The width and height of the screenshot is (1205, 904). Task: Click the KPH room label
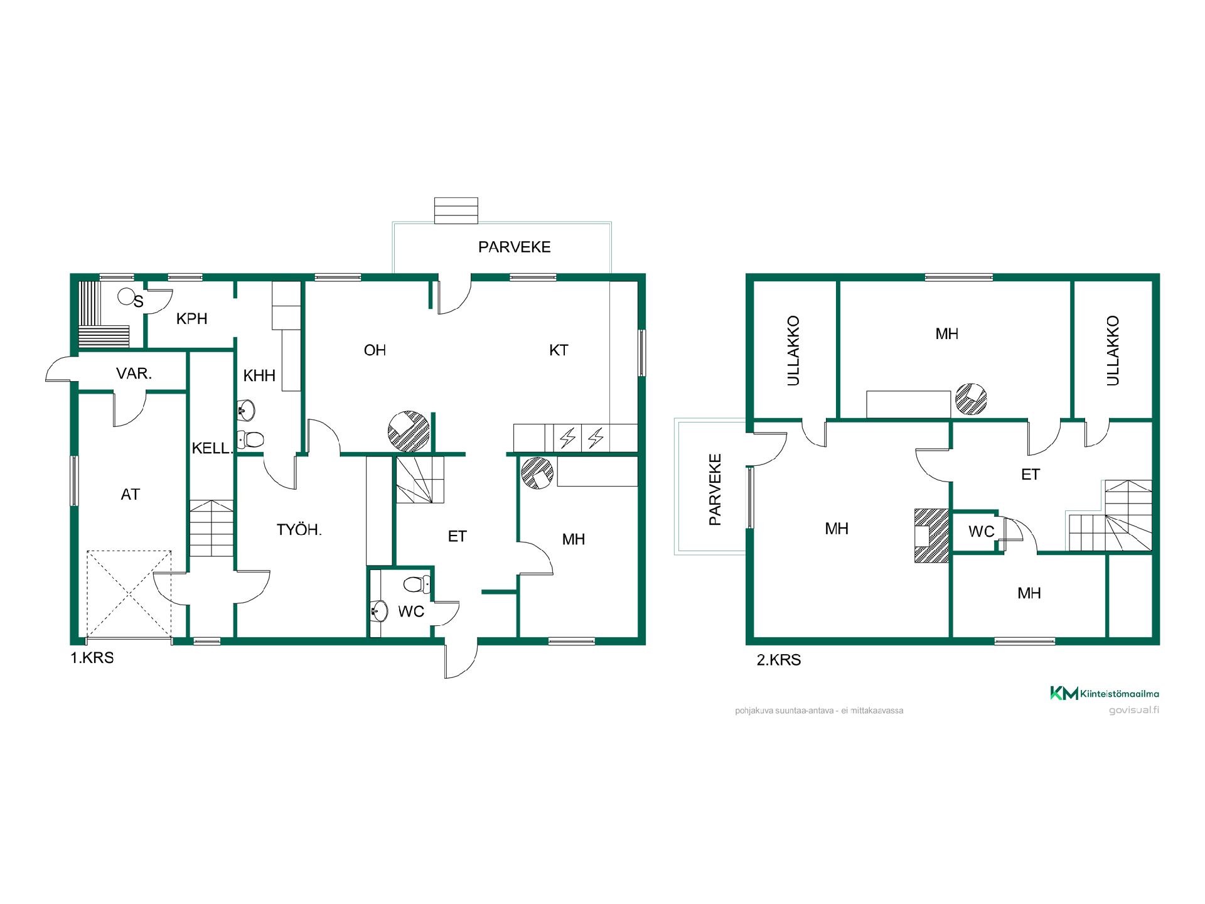tap(191, 319)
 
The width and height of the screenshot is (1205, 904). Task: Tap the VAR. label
tap(134, 374)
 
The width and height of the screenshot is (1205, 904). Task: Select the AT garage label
tap(130, 495)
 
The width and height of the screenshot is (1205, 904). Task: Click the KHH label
tap(259, 375)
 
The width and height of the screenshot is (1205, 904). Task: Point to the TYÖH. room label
tap(299, 530)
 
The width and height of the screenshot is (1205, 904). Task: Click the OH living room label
tap(375, 350)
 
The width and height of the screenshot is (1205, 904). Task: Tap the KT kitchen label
tap(559, 350)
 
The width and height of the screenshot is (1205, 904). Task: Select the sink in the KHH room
tap(247, 411)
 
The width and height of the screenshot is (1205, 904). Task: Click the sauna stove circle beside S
tap(126, 296)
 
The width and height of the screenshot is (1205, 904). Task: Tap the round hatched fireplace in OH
tap(409, 431)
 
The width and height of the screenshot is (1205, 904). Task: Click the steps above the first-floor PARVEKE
tap(456, 210)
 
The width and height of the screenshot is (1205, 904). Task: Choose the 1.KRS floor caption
tap(92, 659)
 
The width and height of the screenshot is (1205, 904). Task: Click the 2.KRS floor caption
tap(779, 660)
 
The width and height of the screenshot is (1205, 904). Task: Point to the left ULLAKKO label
tap(793, 350)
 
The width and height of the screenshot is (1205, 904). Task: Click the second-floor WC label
tap(982, 532)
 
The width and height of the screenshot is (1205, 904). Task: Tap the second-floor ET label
tap(1031, 475)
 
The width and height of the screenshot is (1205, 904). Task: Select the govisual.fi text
tap(1133, 710)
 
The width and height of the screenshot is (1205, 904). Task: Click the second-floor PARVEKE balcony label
tap(715, 489)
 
